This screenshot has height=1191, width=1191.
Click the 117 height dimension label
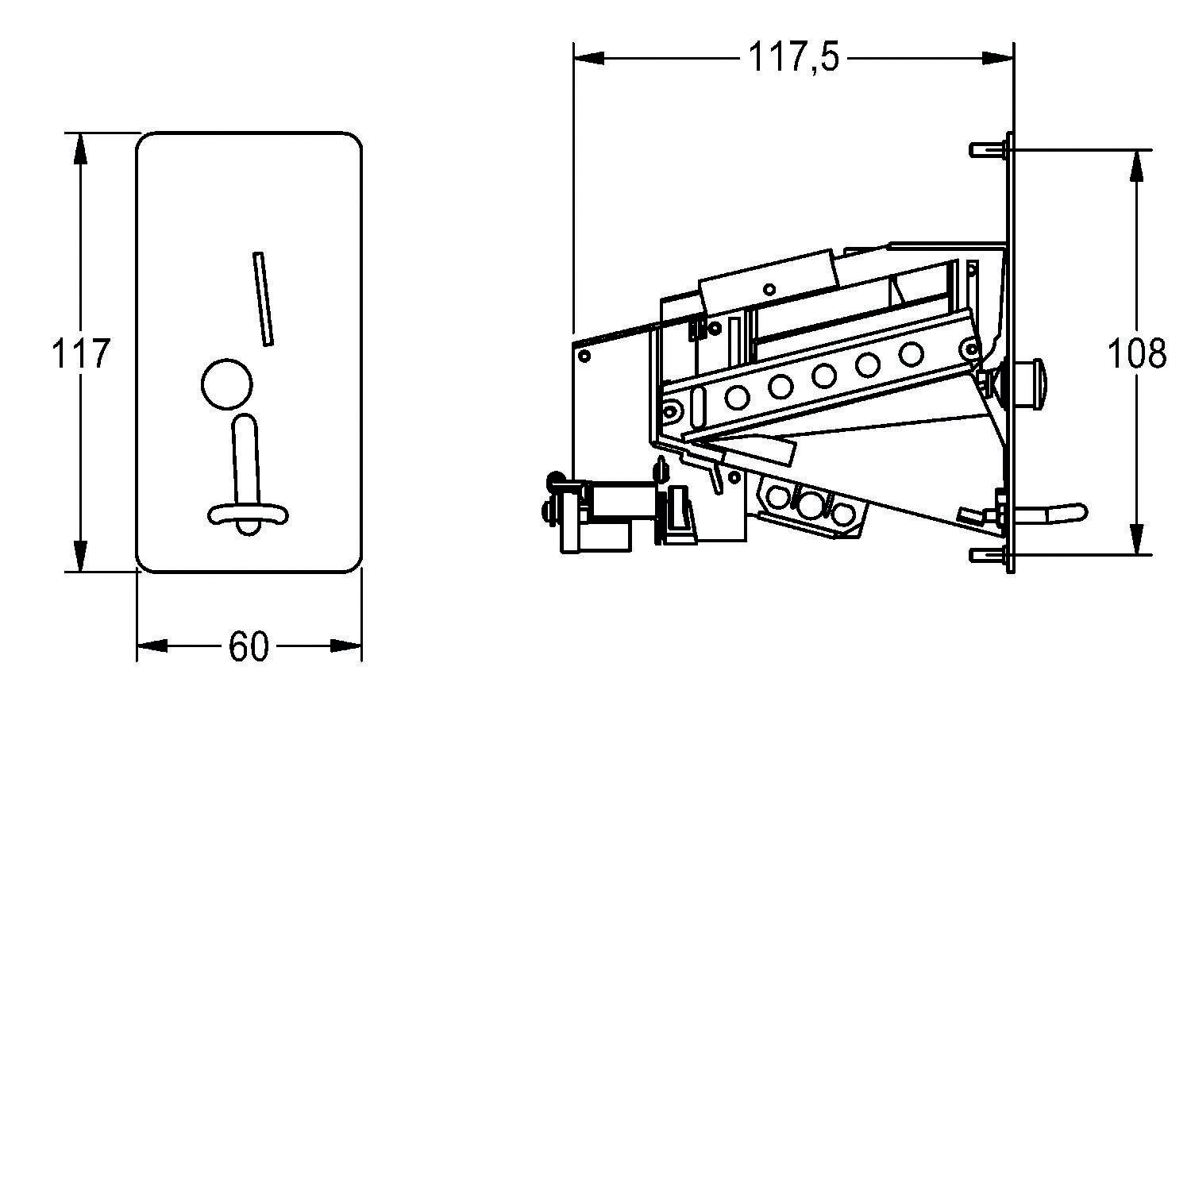[80, 353]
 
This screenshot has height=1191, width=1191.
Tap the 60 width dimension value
[249, 646]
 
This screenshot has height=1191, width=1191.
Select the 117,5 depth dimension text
[793, 57]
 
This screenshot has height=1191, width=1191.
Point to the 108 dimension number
[1137, 353]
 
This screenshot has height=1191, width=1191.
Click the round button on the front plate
[227, 384]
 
